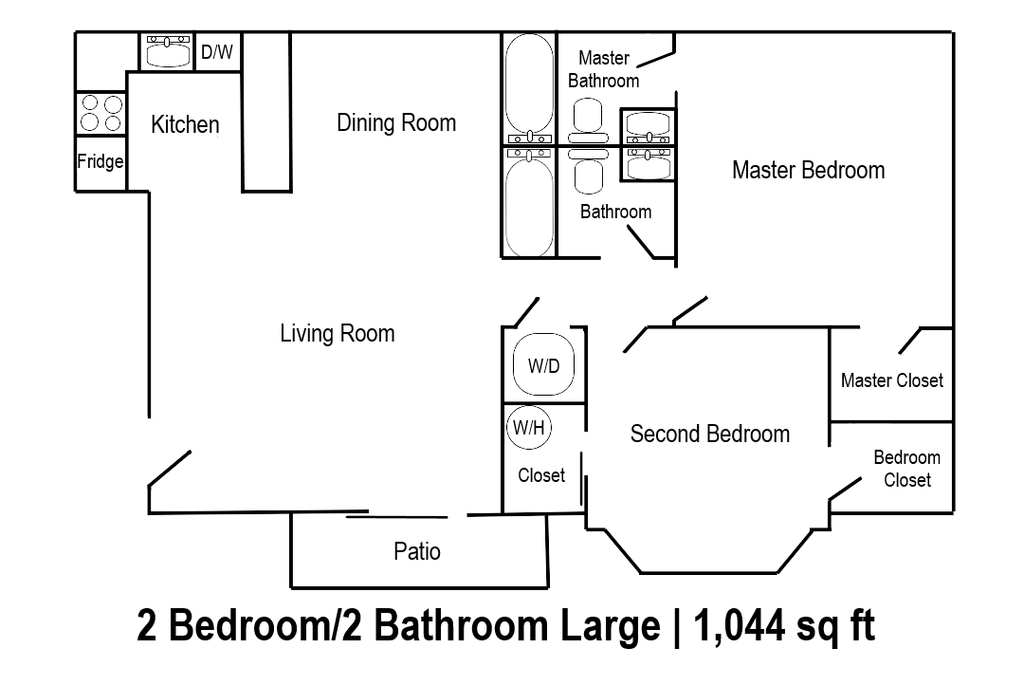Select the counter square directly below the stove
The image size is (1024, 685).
pyautogui.click(x=100, y=163)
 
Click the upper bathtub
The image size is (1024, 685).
pyautogui.click(x=530, y=85)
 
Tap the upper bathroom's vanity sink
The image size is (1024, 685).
pyautogui.click(x=647, y=124)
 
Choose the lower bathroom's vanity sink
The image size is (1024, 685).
pyautogui.click(x=647, y=163)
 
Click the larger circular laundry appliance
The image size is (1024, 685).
pyautogui.click(x=543, y=363)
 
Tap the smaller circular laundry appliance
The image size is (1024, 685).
pyautogui.click(x=530, y=428)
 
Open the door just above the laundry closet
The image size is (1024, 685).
pyautogui.click(x=522, y=312)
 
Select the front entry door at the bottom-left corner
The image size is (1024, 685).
pyautogui.click(x=168, y=468)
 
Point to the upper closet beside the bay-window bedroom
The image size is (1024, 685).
pyautogui.click(x=890, y=372)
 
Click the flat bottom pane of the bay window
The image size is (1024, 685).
pyautogui.click(x=710, y=574)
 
